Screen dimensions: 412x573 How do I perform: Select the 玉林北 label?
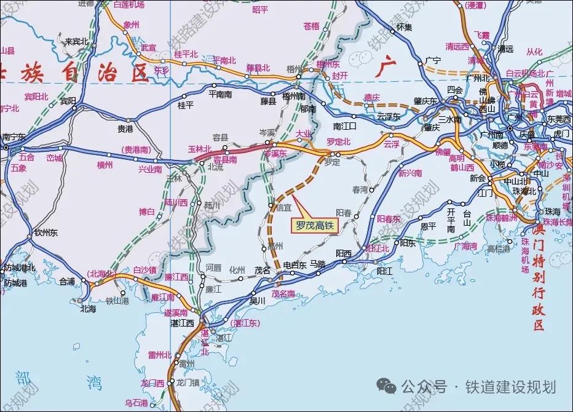[200, 149]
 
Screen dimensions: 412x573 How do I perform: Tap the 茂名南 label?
[283, 294]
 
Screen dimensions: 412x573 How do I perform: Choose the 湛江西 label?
[182, 322]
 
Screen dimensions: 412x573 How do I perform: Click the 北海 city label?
[88, 309]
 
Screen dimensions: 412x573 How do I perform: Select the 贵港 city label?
[125, 129]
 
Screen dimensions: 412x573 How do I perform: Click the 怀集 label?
[404, 27]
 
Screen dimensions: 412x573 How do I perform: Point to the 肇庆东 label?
[425, 101]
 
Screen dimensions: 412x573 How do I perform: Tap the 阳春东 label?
[388, 219]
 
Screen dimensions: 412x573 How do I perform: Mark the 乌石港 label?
[136, 403]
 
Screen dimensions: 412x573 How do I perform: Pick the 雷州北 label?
[160, 355]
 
